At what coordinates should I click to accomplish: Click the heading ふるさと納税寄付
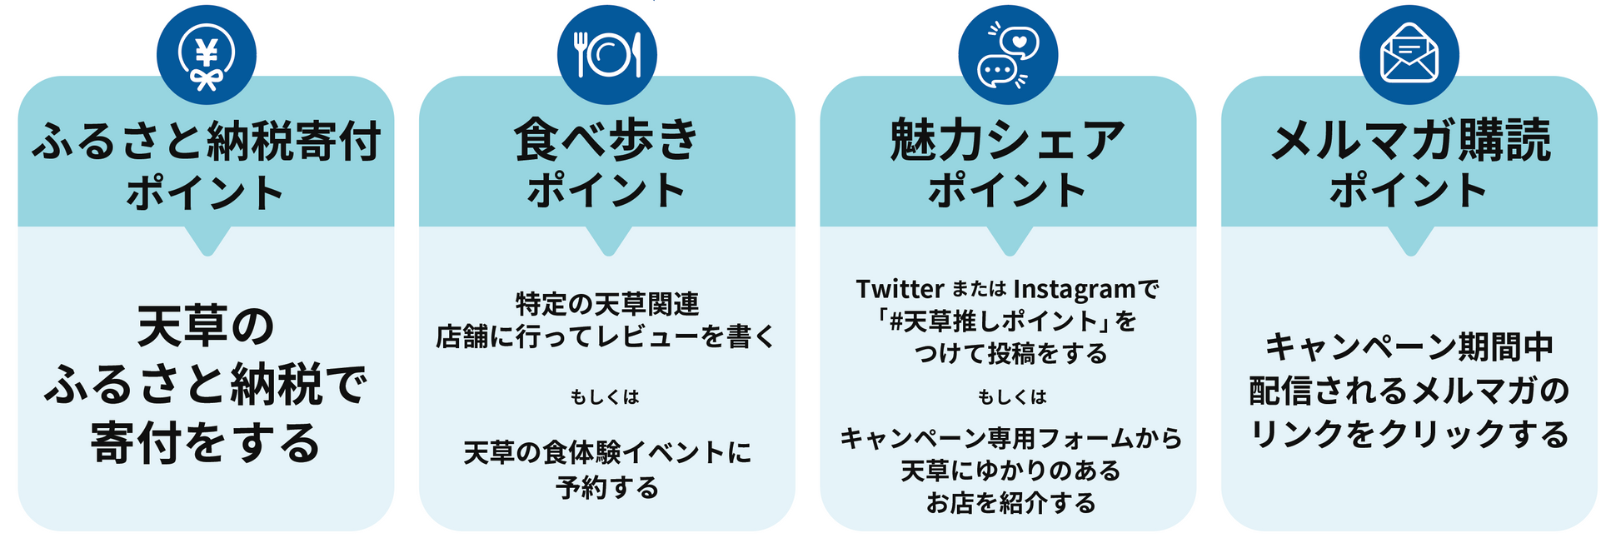click(207, 141)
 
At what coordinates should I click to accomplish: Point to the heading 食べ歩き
click(606, 139)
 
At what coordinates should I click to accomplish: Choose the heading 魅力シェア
click(1008, 139)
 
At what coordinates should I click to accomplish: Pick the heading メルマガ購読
click(1409, 139)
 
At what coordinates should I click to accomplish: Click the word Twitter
click(900, 289)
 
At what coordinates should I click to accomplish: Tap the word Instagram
click(1075, 289)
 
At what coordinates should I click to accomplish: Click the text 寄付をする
click(206, 442)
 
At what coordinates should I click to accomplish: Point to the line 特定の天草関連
click(607, 304)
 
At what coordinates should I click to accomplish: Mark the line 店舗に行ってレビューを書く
click(606, 336)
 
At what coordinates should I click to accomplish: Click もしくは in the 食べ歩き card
click(606, 397)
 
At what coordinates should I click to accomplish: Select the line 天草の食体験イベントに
click(607, 452)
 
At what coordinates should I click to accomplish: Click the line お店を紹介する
click(1011, 503)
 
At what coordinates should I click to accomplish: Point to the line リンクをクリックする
click(1409, 434)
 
